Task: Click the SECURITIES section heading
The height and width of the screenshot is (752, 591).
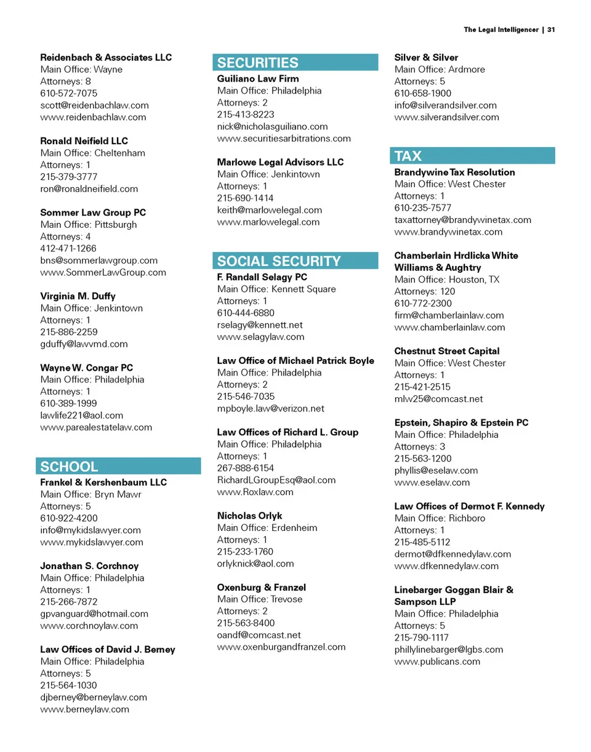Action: (258, 63)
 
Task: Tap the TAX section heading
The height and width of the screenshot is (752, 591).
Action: (408, 156)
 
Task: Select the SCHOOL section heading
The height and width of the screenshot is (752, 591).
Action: (69, 466)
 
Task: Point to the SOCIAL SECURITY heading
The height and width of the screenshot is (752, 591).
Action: (278, 261)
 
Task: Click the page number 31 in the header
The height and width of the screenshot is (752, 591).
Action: (552, 30)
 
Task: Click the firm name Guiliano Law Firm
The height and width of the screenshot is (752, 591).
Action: (258, 79)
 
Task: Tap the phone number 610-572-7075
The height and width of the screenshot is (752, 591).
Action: (68, 93)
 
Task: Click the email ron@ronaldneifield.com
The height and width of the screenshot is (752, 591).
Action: (89, 188)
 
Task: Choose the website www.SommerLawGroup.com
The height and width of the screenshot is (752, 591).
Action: (103, 272)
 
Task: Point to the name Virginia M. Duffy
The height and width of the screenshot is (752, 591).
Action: (78, 296)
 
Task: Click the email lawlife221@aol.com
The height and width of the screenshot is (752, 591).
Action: (81, 415)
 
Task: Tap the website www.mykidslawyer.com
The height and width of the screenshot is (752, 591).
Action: (91, 542)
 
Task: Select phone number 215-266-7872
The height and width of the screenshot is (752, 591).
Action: (68, 602)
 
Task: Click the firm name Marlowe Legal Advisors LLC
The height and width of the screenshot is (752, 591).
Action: (280, 163)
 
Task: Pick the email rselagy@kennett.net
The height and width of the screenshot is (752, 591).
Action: (260, 325)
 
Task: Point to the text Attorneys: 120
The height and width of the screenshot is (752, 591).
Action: (425, 291)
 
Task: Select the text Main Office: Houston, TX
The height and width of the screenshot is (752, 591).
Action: (447, 280)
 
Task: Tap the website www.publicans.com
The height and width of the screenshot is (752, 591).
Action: (437, 661)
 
